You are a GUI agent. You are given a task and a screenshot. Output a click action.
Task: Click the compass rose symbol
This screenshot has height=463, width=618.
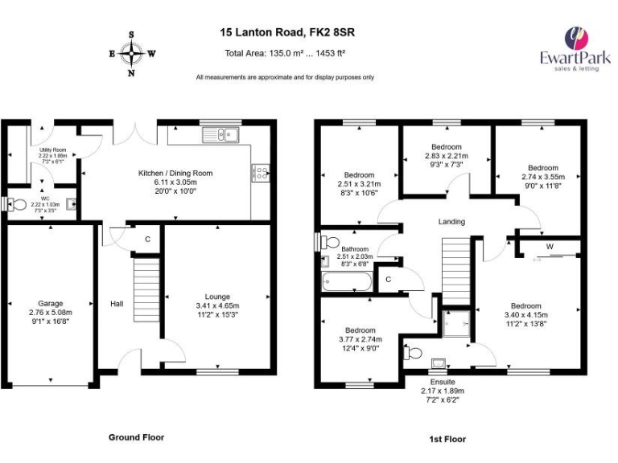(x=131, y=55)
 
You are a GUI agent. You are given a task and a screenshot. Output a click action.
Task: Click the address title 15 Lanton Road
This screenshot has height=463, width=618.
(x=287, y=33)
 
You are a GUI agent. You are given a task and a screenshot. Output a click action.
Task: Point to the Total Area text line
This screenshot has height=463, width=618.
(x=285, y=54)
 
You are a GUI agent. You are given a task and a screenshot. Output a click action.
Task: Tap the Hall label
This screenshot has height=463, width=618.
(x=117, y=304)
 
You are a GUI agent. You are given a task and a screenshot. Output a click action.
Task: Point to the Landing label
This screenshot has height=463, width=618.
(x=451, y=222)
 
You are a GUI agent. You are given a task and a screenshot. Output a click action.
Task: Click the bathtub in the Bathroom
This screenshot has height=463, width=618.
(x=346, y=282)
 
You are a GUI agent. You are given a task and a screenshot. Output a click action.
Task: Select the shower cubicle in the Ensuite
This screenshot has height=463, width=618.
(x=455, y=322)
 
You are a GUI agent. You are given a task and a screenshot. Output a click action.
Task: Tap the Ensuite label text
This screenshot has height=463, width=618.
(x=443, y=388)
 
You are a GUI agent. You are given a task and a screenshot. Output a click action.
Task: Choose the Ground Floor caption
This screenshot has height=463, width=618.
(x=136, y=437)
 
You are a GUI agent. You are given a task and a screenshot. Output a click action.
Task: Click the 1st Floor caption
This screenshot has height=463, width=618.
(x=447, y=439)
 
